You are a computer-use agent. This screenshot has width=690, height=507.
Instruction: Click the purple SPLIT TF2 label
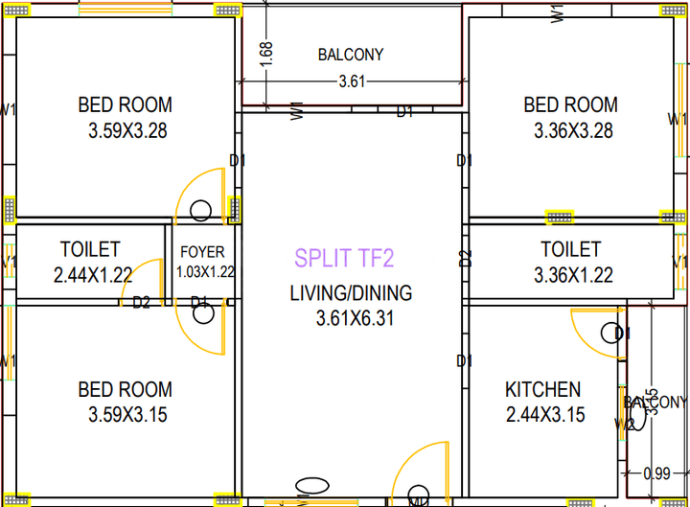click(x=344, y=258)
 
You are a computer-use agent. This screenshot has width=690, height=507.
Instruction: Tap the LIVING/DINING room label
click(x=351, y=293)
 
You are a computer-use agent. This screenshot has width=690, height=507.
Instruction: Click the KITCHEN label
click(x=542, y=390)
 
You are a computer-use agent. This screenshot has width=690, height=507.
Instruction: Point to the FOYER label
click(x=202, y=252)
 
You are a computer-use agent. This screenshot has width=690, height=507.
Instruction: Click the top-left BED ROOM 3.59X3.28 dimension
click(x=126, y=130)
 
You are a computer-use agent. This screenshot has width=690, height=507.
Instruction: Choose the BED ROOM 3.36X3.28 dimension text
click(x=572, y=130)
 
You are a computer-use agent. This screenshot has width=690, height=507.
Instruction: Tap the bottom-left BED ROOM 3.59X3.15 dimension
click(x=126, y=415)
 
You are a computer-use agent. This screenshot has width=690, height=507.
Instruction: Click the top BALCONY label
click(x=351, y=56)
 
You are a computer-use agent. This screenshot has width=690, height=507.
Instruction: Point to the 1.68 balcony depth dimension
click(x=267, y=54)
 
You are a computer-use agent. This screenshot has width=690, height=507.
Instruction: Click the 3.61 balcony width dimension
click(x=352, y=81)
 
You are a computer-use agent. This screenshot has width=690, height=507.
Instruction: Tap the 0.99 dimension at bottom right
click(x=656, y=472)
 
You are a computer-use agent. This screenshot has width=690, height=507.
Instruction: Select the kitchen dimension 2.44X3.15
click(x=545, y=415)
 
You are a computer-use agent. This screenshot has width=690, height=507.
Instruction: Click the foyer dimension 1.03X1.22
click(x=205, y=272)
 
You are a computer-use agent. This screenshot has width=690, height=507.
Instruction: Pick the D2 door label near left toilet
click(x=141, y=303)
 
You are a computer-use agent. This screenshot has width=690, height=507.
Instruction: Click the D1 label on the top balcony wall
click(x=405, y=112)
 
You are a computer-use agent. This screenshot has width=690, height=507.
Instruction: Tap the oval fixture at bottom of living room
click(x=311, y=486)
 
